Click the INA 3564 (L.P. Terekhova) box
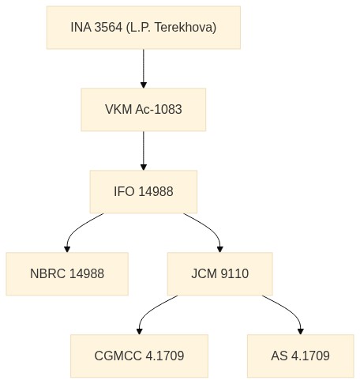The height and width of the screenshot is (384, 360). (144, 28)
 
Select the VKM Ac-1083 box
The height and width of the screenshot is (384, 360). (144, 110)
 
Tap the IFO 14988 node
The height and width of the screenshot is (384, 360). (144, 191)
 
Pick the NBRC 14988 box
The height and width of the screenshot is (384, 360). (67, 273)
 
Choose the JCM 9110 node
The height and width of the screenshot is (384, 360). (220, 273)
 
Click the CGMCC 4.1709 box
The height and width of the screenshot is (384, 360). (139, 356)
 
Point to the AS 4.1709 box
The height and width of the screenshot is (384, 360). (301, 356)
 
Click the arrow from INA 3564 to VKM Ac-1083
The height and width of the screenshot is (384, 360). (144, 69)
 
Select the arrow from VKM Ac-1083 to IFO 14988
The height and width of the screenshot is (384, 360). (144, 151)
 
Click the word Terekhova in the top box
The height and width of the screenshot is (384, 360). (185, 28)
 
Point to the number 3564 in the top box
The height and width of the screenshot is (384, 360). (108, 28)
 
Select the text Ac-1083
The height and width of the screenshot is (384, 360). (159, 109)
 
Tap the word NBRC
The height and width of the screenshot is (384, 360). (47, 273)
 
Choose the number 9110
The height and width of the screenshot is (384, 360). (234, 273)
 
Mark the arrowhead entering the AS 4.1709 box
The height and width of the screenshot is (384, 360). (301, 332)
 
